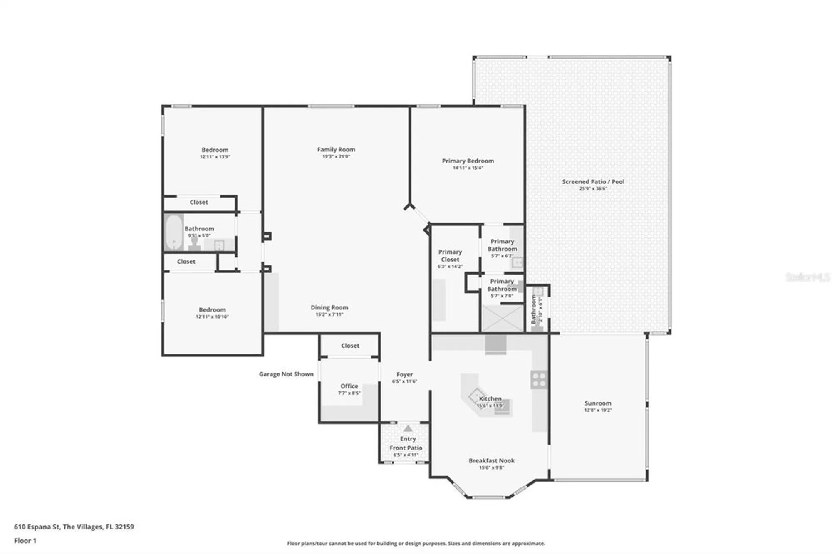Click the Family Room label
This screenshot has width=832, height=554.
point(336,149)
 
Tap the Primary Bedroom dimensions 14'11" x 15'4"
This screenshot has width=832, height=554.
point(468,168)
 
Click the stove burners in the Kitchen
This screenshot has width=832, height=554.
point(539,380)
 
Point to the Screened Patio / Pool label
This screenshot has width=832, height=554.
point(593,182)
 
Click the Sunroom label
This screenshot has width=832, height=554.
point(598,403)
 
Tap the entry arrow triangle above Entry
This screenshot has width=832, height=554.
point(408,428)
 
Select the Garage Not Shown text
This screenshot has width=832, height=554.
point(286,374)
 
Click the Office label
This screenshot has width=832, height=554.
point(349,386)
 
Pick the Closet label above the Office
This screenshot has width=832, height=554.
point(350,346)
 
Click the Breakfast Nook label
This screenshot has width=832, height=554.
point(491,460)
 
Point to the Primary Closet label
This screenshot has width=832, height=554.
point(450,256)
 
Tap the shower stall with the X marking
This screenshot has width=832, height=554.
point(502,319)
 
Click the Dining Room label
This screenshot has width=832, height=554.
point(329,307)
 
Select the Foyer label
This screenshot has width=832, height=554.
point(404,374)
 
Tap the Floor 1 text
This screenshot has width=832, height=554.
point(25,541)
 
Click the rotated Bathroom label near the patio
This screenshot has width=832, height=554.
point(533,309)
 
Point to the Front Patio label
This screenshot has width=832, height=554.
point(406,448)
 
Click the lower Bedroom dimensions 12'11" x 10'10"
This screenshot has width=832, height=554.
point(212,317)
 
